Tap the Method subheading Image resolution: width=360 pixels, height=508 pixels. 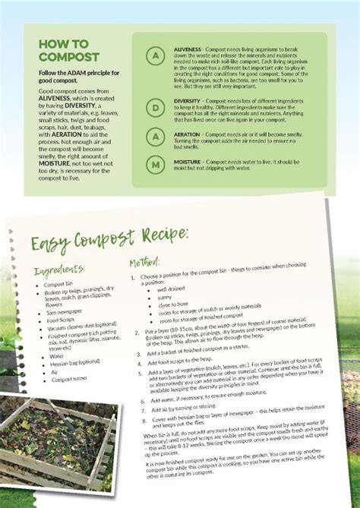point(144,263)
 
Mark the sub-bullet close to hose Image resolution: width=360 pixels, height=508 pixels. point(175,306)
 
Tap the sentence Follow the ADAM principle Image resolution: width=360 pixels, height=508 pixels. point(78,76)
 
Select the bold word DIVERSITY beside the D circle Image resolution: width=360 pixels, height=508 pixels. point(187,100)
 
